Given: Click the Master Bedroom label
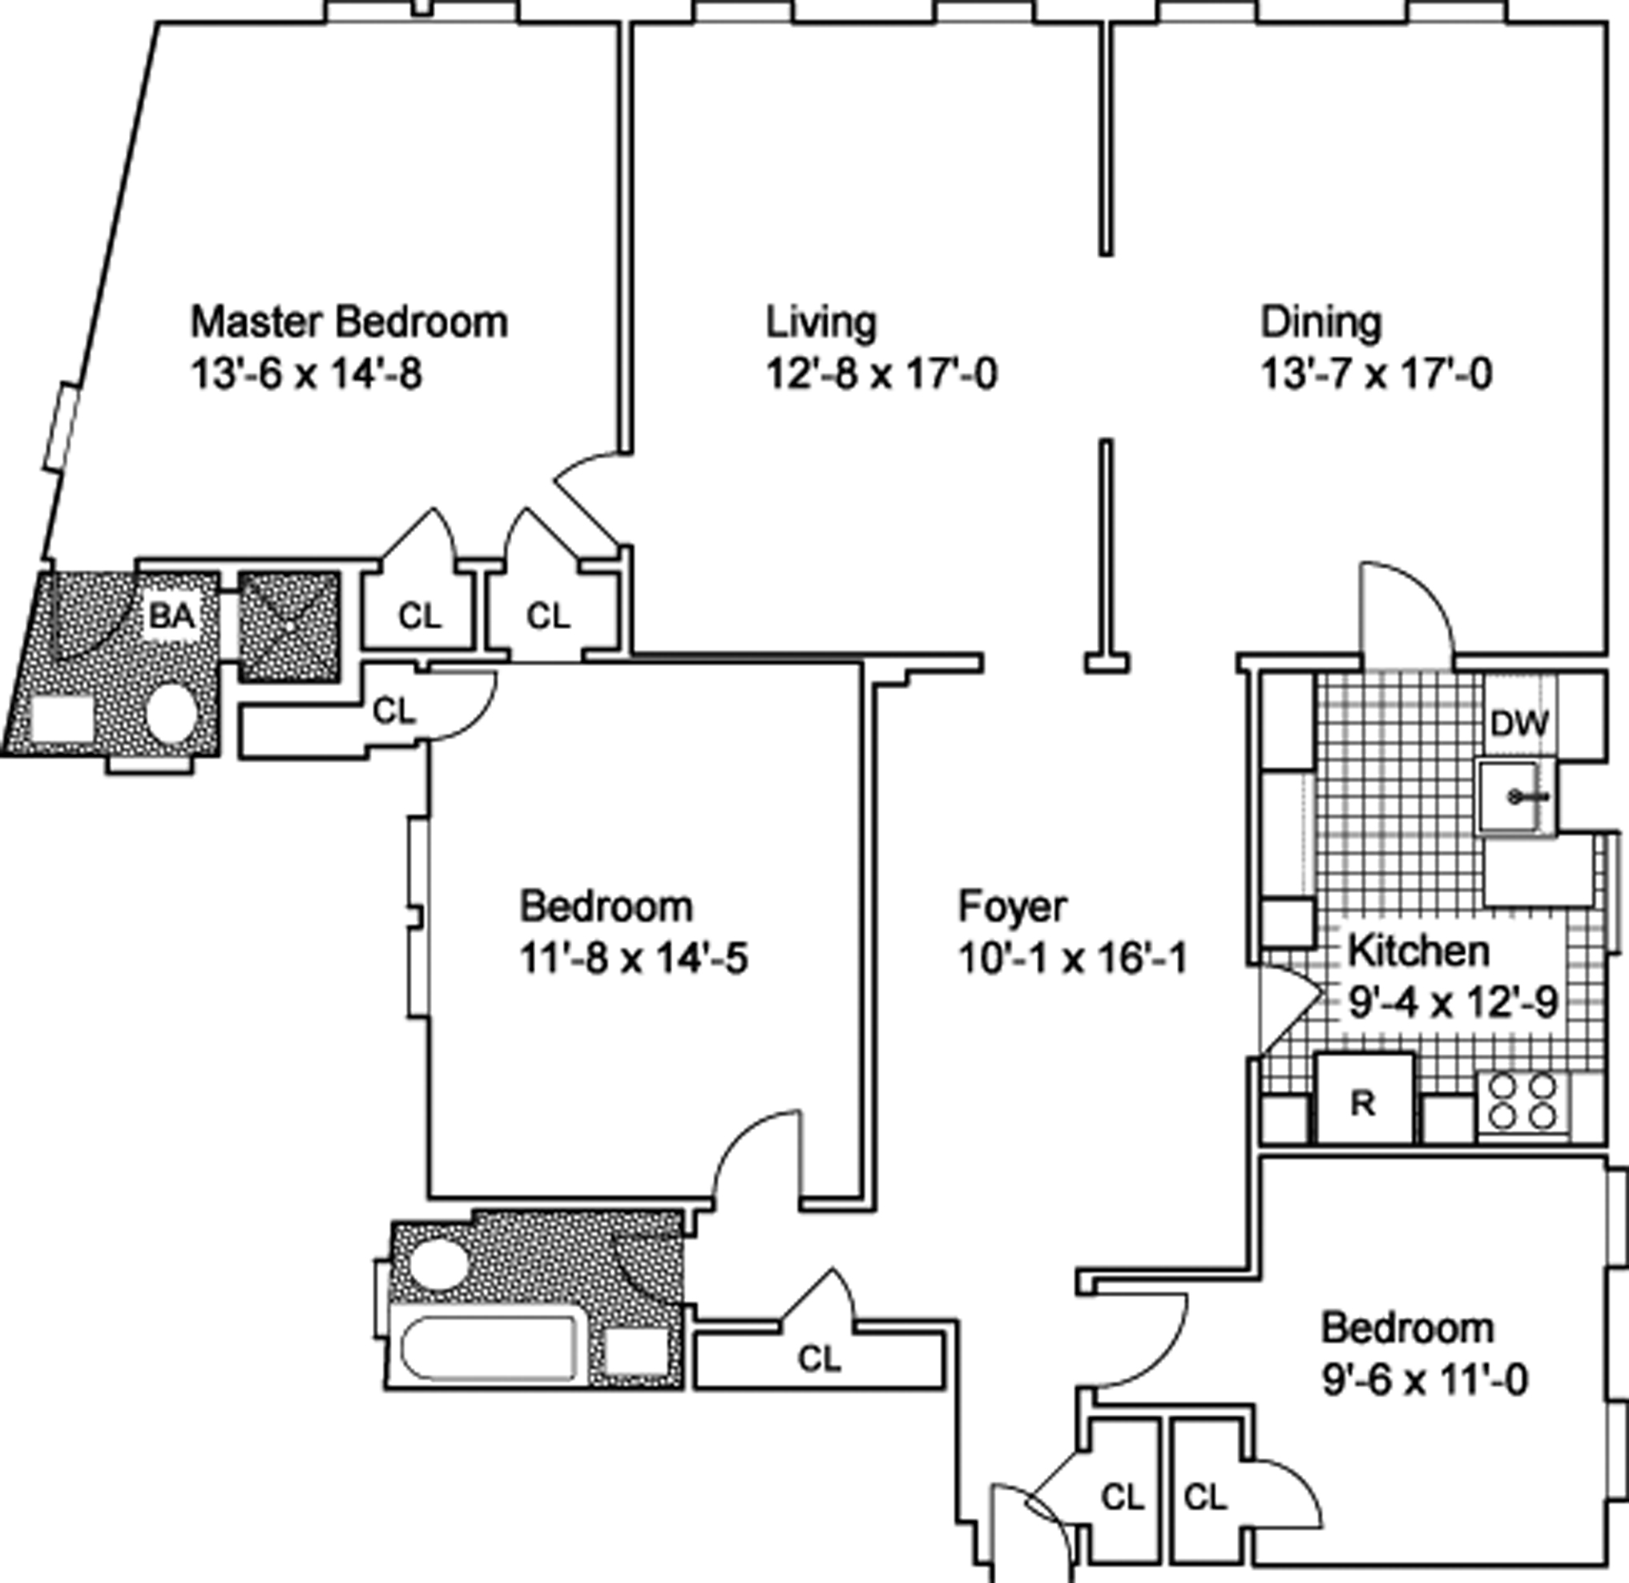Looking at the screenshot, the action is coord(349,322).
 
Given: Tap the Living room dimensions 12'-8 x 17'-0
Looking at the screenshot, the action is coord(881,374).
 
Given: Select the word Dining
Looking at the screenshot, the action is coord(1321,322).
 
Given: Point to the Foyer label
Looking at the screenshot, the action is coord(1011,907).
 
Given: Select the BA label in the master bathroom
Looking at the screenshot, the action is coord(172,616).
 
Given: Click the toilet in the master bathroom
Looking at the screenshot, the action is coord(171,713).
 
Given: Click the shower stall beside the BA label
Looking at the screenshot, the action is coord(289,626).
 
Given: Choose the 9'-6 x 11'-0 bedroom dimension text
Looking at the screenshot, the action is coord(1425,1381).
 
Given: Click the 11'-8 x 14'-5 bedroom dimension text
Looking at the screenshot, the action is coord(633,959).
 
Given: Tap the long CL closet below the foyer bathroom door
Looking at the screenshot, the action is coord(819,1359).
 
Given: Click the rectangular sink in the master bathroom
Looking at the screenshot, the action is coord(62,718).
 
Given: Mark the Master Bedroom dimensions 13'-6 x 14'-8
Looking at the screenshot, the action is coord(307,374).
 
